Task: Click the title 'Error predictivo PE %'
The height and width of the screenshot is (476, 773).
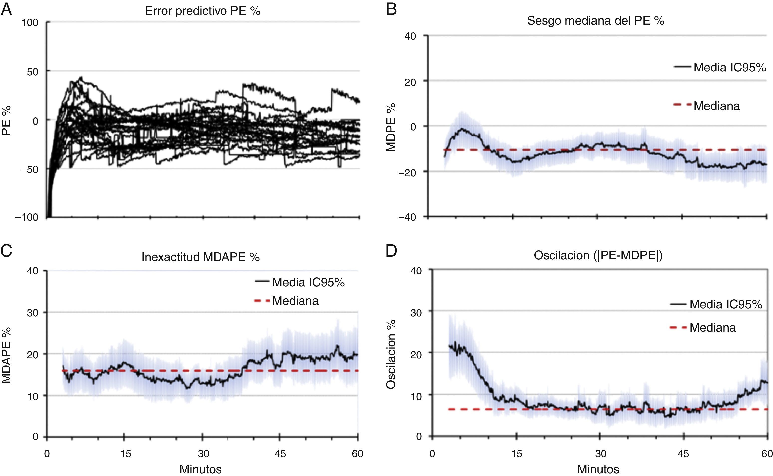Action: click(203, 11)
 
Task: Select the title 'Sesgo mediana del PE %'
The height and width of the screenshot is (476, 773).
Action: click(595, 21)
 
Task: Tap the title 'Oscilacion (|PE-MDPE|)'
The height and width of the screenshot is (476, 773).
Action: click(598, 255)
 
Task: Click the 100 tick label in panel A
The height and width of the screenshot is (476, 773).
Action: click(30, 23)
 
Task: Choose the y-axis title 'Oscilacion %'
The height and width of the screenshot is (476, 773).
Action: click(391, 354)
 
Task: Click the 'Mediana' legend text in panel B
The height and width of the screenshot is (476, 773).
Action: click(717, 106)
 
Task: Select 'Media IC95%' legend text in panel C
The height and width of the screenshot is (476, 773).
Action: click(308, 282)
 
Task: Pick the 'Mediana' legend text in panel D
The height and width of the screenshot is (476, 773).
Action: click(712, 327)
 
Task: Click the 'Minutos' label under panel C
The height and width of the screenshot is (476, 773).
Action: click(201, 469)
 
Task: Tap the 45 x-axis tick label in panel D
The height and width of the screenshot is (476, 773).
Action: click(683, 454)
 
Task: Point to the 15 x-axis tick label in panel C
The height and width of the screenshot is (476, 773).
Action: click(125, 454)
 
